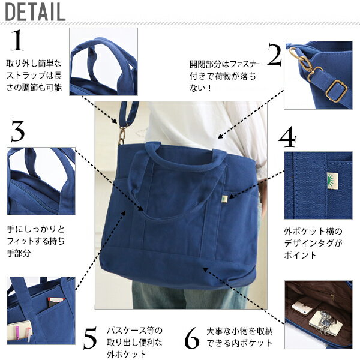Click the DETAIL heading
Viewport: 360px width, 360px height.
(x=35, y=12)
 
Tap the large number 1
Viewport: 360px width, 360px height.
(x=17, y=40)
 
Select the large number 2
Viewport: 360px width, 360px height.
(x=275, y=55)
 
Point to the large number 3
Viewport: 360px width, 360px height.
(x=17, y=130)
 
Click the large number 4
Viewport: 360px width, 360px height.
(x=287, y=137)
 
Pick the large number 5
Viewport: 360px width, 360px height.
(x=90, y=338)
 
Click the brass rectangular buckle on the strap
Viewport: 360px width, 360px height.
(x=337, y=91)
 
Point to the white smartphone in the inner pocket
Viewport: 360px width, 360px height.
(x=302, y=308)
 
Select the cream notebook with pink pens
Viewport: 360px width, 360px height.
(x=20, y=331)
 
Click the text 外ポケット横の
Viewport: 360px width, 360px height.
(x=313, y=232)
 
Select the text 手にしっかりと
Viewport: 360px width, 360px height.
(x=35, y=229)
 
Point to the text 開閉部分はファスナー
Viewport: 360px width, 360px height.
(x=224, y=64)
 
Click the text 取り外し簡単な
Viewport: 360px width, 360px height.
(x=34, y=64)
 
